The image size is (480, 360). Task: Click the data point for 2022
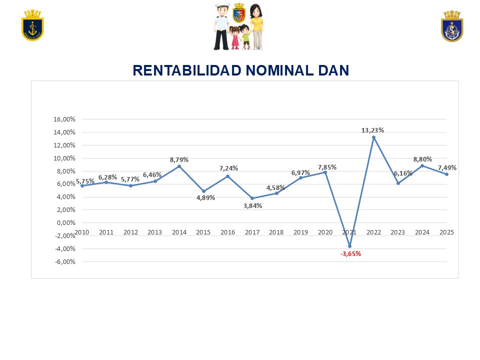click(373, 137)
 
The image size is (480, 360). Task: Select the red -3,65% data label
click(350, 253)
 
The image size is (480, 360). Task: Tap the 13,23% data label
click(372, 130)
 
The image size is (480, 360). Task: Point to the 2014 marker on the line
click(179, 166)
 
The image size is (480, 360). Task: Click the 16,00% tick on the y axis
click(64, 119)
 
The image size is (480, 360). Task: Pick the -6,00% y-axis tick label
click(64, 261)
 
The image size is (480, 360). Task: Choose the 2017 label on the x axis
click(252, 232)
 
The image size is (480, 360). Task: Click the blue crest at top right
click(452, 26)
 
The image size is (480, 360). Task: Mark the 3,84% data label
click(252, 205)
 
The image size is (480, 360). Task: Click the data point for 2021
click(349, 246)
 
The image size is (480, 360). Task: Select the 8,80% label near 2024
click(422, 159)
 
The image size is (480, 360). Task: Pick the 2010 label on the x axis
click(82, 232)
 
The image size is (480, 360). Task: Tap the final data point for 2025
click(446, 174)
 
